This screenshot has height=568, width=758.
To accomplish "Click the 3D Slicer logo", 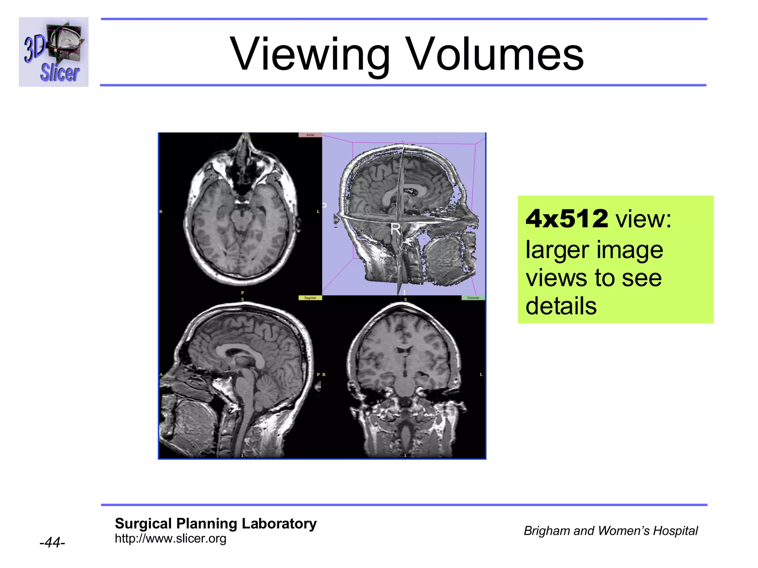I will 54,52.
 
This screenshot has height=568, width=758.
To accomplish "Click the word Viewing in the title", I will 309,54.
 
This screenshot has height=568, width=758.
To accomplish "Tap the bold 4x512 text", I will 566,219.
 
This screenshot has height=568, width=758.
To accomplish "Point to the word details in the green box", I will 561,306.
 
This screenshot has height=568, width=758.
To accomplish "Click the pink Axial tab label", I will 310,135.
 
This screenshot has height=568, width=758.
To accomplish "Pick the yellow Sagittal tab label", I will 310,298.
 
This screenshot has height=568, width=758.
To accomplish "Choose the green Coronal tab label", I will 473,298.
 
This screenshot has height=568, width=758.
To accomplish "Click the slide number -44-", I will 52,542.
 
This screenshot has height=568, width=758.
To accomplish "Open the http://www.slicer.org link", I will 170,538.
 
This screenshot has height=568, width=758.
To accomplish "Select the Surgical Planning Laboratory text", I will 215,524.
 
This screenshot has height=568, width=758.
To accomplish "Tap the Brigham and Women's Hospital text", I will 611,531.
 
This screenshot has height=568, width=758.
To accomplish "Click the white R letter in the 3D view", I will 395,229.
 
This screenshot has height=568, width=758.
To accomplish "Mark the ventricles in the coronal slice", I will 404,350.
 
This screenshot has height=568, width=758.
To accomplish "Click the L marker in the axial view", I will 318,212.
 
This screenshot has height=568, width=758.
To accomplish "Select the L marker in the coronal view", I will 481,375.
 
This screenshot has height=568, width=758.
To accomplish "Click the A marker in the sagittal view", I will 161,375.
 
